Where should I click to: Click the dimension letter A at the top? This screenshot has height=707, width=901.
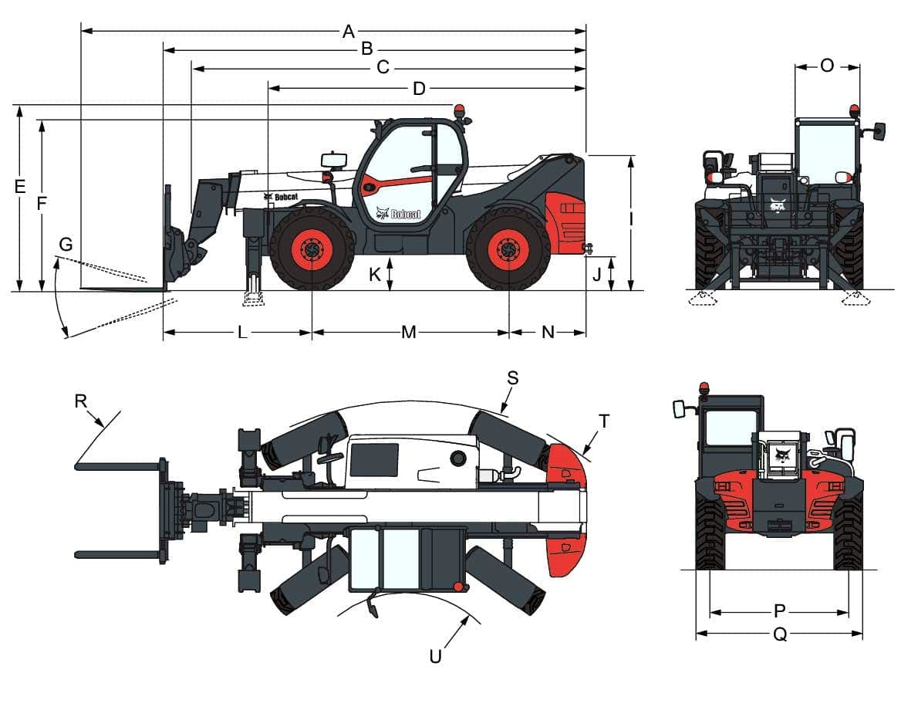(x=349, y=32)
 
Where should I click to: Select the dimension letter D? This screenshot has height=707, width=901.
(x=419, y=90)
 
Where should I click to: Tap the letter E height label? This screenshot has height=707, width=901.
(x=20, y=187)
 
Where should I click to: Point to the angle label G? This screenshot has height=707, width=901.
(x=66, y=245)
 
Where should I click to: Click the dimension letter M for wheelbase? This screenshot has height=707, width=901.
(x=409, y=333)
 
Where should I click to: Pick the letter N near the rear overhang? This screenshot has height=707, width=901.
(x=548, y=333)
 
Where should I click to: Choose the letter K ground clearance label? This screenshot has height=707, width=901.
(x=374, y=275)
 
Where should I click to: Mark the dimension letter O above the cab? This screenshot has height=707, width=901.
(x=827, y=66)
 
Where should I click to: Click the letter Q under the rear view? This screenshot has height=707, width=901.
(x=780, y=635)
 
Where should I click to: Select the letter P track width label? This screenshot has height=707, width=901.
(x=779, y=612)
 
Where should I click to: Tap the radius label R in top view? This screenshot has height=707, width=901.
(x=81, y=401)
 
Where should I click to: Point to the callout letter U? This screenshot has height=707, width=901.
(x=436, y=657)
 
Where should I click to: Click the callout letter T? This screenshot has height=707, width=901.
(x=604, y=421)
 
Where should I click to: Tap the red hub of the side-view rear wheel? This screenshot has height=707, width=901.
(x=508, y=249)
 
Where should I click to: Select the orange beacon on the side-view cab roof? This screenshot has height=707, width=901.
(x=460, y=111)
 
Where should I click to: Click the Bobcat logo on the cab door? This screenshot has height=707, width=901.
(x=398, y=214)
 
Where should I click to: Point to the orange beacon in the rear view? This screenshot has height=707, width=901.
(x=704, y=387)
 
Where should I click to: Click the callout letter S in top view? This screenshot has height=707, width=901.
(x=513, y=377)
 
